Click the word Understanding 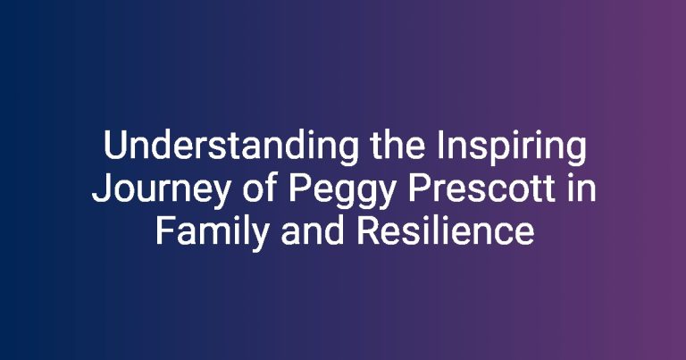click(x=231, y=148)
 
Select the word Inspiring click(x=512, y=148)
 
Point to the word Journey click(x=161, y=190)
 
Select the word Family click(x=213, y=233)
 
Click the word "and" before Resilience click(x=313, y=231)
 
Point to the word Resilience click(x=445, y=231)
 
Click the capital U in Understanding click(x=115, y=146)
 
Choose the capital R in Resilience click(x=368, y=231)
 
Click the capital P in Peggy click(x=299, y=189)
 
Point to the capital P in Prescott click(x=418, y=189)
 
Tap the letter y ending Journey click(x=220, y=196)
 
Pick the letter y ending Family click(x=258, y=239)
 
